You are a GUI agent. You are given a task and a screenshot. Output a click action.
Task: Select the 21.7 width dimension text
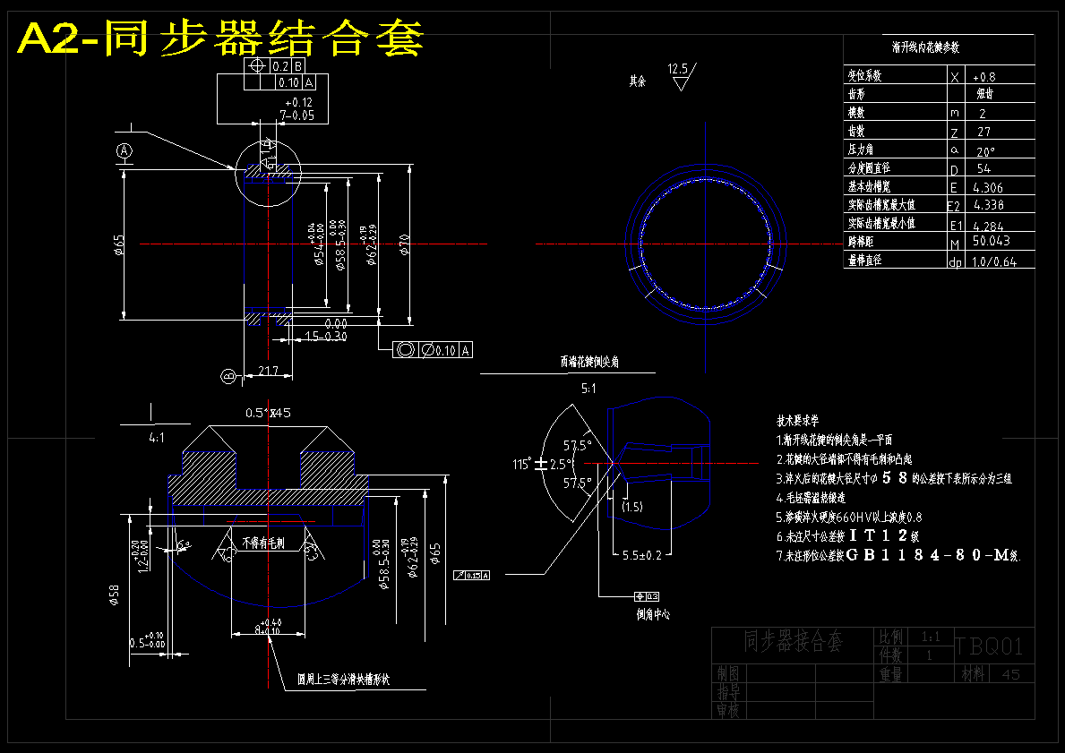point(268,370)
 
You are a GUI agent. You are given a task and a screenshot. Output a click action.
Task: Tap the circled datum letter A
point(125,150)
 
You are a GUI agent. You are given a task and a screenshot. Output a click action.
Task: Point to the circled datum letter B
point(228,376)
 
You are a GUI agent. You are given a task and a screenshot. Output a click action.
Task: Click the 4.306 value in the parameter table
point(987,187)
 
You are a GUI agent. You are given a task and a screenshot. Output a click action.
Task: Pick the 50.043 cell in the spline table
point(991,241)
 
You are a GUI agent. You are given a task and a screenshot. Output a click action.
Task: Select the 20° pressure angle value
point(985,150)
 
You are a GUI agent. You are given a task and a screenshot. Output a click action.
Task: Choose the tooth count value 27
point(984,132)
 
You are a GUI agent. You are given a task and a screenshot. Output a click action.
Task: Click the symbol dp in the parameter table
point(955,262)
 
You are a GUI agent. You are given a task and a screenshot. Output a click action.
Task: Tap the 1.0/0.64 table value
point(995,261)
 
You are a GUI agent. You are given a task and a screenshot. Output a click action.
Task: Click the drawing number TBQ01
point(988,646)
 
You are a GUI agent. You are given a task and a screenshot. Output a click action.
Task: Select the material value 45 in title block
point(1011,674)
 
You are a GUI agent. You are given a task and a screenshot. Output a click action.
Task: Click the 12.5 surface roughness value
point(677,68)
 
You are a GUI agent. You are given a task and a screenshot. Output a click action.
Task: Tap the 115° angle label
point(520,464)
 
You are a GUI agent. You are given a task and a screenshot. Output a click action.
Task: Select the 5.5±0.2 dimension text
point(641,555)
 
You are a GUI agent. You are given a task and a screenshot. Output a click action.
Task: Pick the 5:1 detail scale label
point(588,389)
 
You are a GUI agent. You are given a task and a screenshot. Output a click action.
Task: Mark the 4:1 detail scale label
point(157,439)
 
